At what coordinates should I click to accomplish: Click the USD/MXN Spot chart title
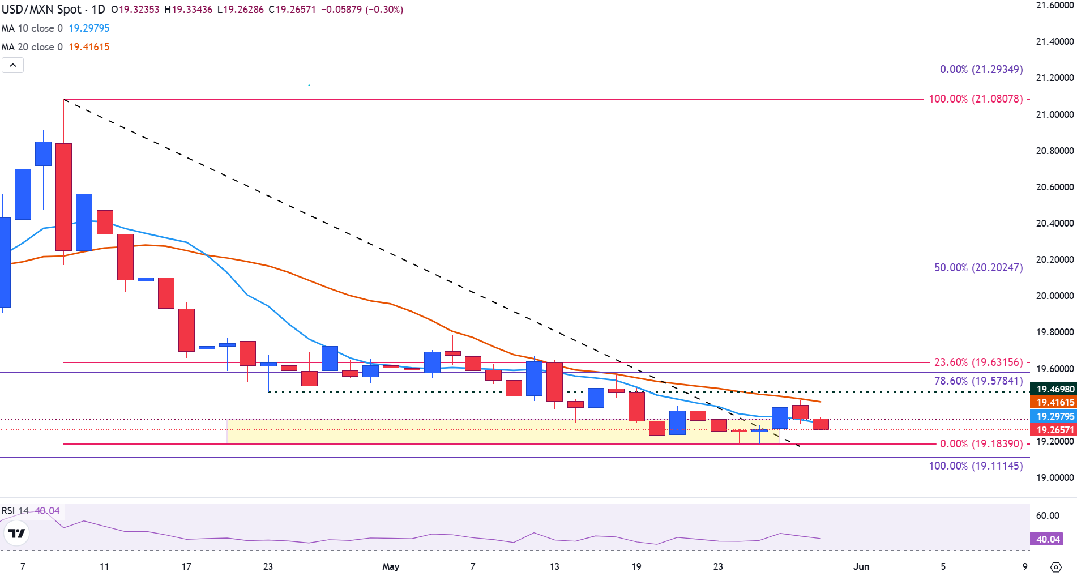click(53, 10)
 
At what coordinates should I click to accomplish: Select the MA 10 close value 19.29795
click(89, 28)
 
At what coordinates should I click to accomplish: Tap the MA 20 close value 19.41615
click(89, 47)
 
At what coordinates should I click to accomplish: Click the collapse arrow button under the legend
click(12, 66)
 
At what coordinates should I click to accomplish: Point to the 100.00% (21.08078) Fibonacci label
click(976, 99)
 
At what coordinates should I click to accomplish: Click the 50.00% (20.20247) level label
click(978, 267)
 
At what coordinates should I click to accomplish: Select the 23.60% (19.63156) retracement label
click(978, 362)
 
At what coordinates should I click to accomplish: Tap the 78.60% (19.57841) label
click(978, 381)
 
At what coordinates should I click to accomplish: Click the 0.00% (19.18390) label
click(981, 443)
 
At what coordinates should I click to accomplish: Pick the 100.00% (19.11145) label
click(976, 466)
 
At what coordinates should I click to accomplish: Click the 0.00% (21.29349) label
click(981, 69)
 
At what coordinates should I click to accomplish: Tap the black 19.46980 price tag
click(1055, 389)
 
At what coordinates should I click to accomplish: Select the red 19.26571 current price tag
click(1055, 430)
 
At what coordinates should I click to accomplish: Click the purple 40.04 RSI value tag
click(1048, 539)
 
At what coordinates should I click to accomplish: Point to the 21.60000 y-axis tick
click(1054, 6)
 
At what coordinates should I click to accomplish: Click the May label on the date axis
click(391, 566)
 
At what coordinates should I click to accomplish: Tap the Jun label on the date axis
click(861, 566)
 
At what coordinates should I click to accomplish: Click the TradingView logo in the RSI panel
click(16, 533)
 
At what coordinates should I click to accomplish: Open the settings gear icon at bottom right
click(1055, 567)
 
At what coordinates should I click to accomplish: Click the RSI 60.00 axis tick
click(1048, 515)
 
